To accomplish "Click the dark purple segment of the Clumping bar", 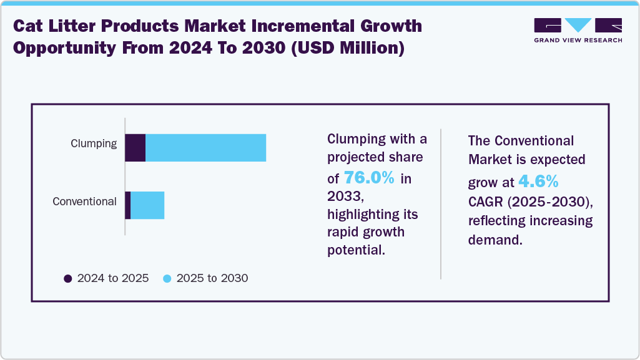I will (135, 148).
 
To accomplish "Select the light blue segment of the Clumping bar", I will (205, 148).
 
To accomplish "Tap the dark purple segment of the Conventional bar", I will (127, 205).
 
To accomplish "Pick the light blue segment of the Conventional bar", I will (147, 205).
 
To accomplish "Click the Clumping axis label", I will (93, 144).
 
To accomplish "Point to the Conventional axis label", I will (84, 202).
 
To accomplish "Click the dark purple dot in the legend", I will (68, 278).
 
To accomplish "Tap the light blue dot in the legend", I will (167, 278).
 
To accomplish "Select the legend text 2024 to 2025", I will (113, 278).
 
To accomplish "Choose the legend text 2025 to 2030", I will (212, 278).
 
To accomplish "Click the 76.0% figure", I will (369, 178).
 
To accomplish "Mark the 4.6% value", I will (538, 182).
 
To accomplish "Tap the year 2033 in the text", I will (343, 196).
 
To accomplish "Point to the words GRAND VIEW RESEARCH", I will (578, 40).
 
